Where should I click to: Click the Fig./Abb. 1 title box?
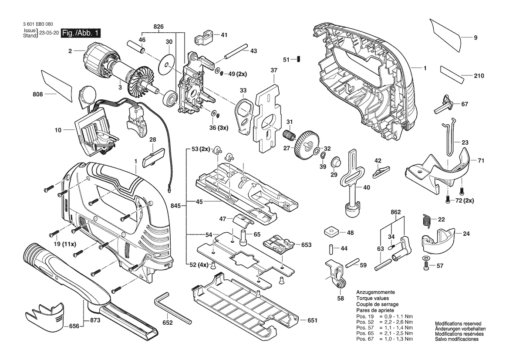[x=81, y=33]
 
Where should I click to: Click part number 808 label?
[x=37, y=94]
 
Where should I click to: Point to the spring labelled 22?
[x=427, y=221]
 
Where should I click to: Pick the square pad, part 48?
[x=331, y=232]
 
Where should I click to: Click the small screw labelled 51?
[x=299, y=59]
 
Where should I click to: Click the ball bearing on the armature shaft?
[x=170, y=98]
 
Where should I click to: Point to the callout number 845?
[x=176, y=206]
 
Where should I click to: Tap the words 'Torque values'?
[x=372, y=298]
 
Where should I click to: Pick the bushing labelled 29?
[x=335, y=162]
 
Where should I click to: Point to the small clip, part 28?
[x=154, y=156]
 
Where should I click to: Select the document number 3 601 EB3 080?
[x=38, y=24]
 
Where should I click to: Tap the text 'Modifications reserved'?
[x=458, y=324]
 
